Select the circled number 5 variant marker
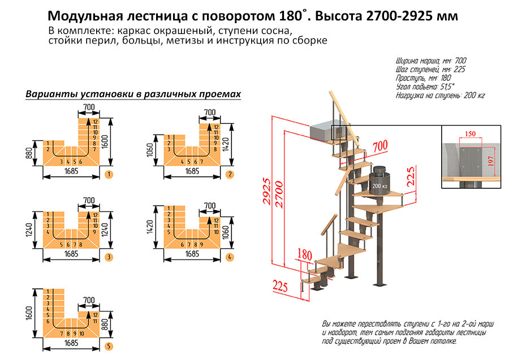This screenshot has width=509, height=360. pyautogui.click(x=108, y=345)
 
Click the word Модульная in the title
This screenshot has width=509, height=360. pyautogui.click(x=87, y=16)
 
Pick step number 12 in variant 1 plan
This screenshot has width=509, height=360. pyautogui.click(x=96, y=122)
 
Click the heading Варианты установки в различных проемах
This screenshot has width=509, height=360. pyautogui.click(x=133, y=94)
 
